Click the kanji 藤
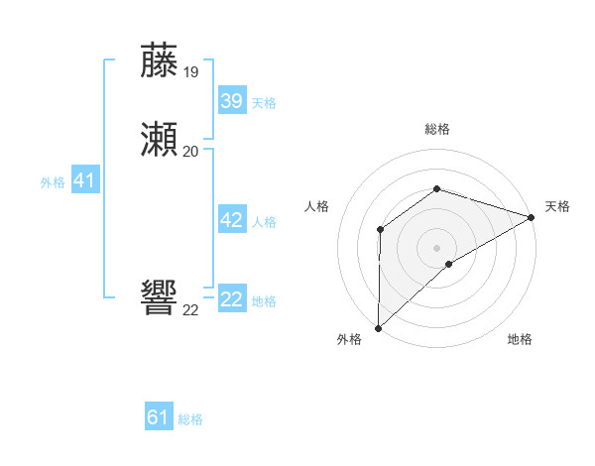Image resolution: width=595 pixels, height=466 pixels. (x=160, y=61)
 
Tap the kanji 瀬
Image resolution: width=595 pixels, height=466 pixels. (x=160, y=141)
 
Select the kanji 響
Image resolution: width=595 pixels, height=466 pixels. (x=160, y=298)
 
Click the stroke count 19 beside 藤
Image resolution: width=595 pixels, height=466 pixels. (x=191, y=71)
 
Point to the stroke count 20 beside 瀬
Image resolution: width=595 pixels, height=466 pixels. (x=191, y=151)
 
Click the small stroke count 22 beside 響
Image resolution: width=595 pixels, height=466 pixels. (x=191, y=309)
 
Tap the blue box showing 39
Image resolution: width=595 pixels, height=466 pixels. (x=231, y=101)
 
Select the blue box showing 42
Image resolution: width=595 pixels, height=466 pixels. (x=231, y=220)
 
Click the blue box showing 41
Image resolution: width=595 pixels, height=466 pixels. (x=83, y=180)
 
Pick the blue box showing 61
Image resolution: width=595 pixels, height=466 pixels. (x=159, y=417)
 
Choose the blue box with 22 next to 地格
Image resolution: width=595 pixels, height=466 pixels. (x=231, y=299)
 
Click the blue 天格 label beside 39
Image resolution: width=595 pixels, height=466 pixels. (x=264, y=103)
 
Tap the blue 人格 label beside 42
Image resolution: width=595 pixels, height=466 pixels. (x=264, y=222)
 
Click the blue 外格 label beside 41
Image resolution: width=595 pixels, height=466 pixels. (x=53, y=182)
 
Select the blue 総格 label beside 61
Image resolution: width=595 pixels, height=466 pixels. (x=190, y=419)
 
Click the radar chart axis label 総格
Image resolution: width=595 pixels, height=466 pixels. (x=437, y=130)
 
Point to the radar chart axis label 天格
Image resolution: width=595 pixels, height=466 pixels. (x=557, y=206)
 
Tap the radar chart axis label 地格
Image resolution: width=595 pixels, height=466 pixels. (x=520, y=340)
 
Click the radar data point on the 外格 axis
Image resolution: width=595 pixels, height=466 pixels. (x=378, y=328)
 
